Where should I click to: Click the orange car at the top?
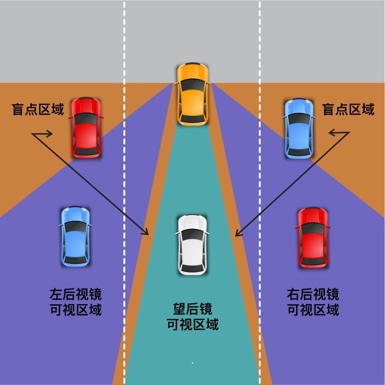click(x=192, y=94)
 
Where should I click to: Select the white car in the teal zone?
click(x=192, y=244)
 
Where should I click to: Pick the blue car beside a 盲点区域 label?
click(x=299, y=129)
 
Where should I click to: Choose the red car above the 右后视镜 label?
click(x=313, y=237)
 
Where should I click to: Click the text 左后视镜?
click(x=76, y=294)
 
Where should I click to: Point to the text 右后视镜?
click(x=313, y=294)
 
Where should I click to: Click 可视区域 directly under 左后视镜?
click(x=76, y=310)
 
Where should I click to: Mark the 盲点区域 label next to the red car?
click(x=38, y=109)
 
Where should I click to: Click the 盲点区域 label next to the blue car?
click(x=348, y=109)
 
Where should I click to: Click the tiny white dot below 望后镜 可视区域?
click(x=192, y=363)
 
